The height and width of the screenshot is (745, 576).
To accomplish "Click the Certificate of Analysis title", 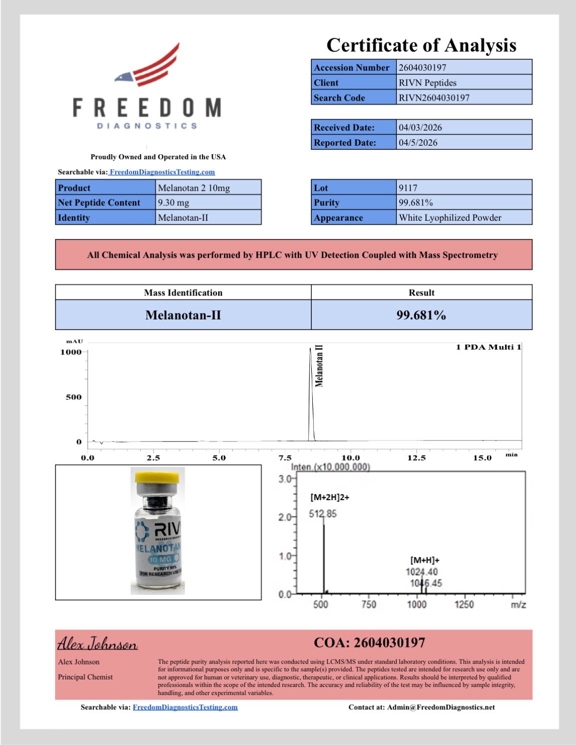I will [421, 45].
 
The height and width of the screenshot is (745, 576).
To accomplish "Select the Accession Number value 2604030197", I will [422, 68].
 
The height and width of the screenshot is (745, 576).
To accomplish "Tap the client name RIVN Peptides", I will [427, 83].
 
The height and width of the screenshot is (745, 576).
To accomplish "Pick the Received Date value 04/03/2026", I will [420, 128].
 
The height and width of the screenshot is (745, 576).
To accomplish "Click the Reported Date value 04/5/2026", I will [418, 143].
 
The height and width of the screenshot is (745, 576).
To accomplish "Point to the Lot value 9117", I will [408, 188].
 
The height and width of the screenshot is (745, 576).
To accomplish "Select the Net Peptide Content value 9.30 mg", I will [174, 203].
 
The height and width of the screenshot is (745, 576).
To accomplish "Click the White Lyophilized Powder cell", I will [450, 218].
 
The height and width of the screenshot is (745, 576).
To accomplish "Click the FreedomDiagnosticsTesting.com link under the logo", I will [162, 172].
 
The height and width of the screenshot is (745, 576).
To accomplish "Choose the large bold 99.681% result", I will [421, 315].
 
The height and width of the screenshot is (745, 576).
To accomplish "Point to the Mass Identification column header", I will [183, 292].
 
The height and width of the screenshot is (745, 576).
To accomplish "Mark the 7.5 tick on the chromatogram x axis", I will [285, 458].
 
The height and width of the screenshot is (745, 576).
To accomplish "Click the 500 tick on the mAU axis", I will [74, 397].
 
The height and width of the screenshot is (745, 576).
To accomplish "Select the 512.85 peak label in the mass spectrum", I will [323, 514].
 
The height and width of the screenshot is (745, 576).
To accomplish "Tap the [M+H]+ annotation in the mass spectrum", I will [425, 560].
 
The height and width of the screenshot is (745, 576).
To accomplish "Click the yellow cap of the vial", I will [158, 476].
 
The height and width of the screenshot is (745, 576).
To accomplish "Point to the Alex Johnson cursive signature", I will [98, 643].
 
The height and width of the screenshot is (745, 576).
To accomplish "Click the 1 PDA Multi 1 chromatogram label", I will [488, 347].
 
